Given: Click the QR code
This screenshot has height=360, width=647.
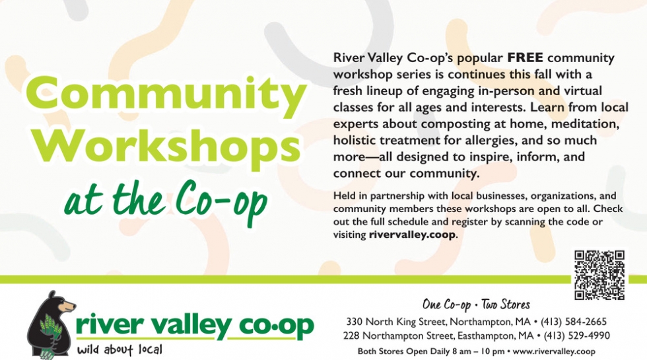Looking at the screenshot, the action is point(599,275).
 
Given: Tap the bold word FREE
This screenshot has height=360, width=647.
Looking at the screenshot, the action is point(525,57).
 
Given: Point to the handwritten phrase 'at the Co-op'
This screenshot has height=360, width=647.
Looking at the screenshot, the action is point(166,202).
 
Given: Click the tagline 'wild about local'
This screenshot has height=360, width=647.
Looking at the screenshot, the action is point(119,349).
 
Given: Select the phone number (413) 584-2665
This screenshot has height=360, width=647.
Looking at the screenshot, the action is point(574,322).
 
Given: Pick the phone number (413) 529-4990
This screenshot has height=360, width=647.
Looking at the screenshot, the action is point(576,336).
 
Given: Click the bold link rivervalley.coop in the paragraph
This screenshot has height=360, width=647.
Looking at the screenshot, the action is point(412,235).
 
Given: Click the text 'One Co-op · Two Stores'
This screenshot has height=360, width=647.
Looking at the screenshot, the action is point(476,305).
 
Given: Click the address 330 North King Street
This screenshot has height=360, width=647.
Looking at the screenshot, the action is point(396,322).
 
